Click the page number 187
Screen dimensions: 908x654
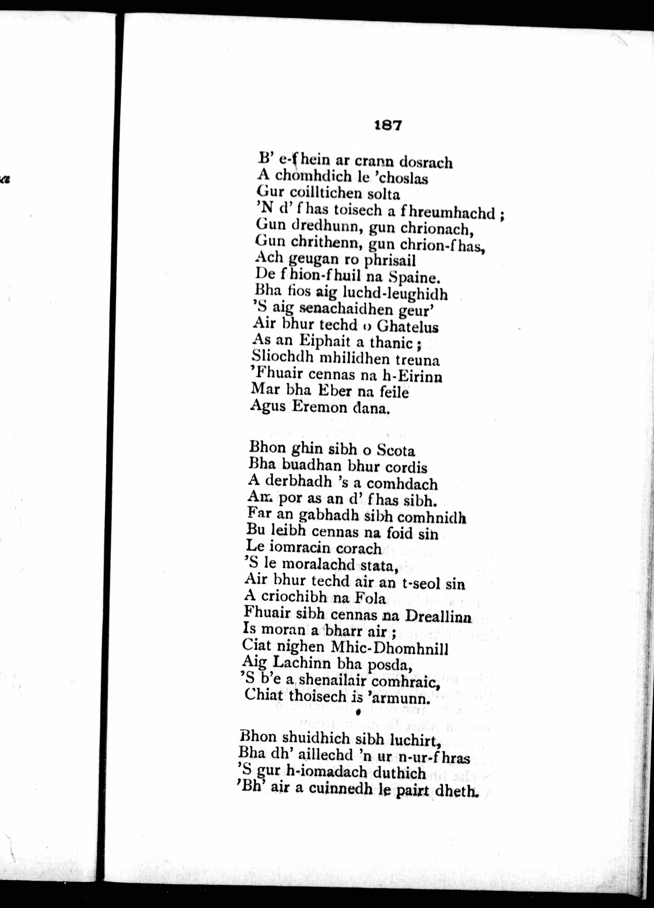pyautogui.click(x=387, y=125)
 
